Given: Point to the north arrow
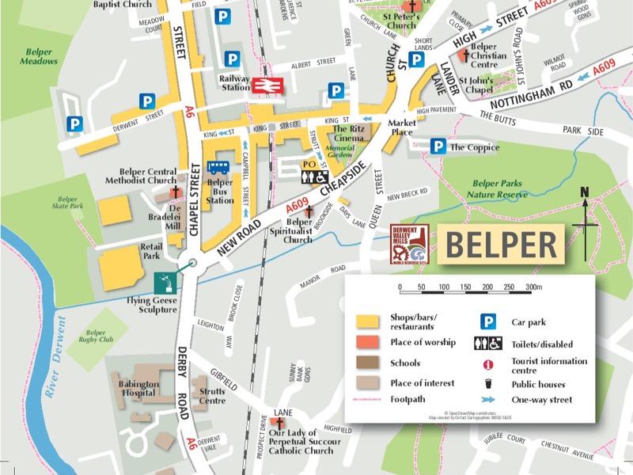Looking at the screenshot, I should tap(586, 226).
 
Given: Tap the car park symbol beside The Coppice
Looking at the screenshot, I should tap(438, 146).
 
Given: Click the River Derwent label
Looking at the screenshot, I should tap(55, 356).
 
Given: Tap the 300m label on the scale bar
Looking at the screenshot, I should tap(533, 287).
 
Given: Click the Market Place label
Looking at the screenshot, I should tap(401, 127).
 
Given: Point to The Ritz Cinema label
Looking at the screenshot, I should tap(348, 133).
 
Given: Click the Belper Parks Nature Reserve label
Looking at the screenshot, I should tap(500, 188).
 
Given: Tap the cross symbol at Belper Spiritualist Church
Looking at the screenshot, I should tap(308, 211).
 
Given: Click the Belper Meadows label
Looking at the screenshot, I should tap(38, 56).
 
